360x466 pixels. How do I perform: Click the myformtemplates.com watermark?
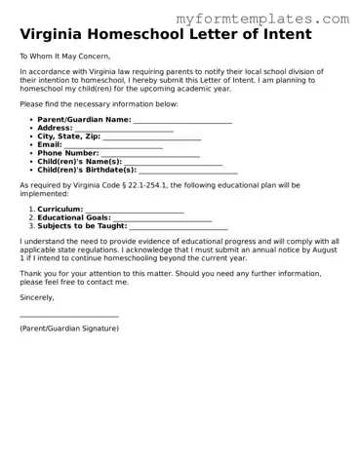276,19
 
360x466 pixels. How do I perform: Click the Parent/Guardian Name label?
84,119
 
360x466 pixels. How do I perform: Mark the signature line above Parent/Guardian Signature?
69,316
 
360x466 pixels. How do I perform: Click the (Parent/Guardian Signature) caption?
69,329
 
